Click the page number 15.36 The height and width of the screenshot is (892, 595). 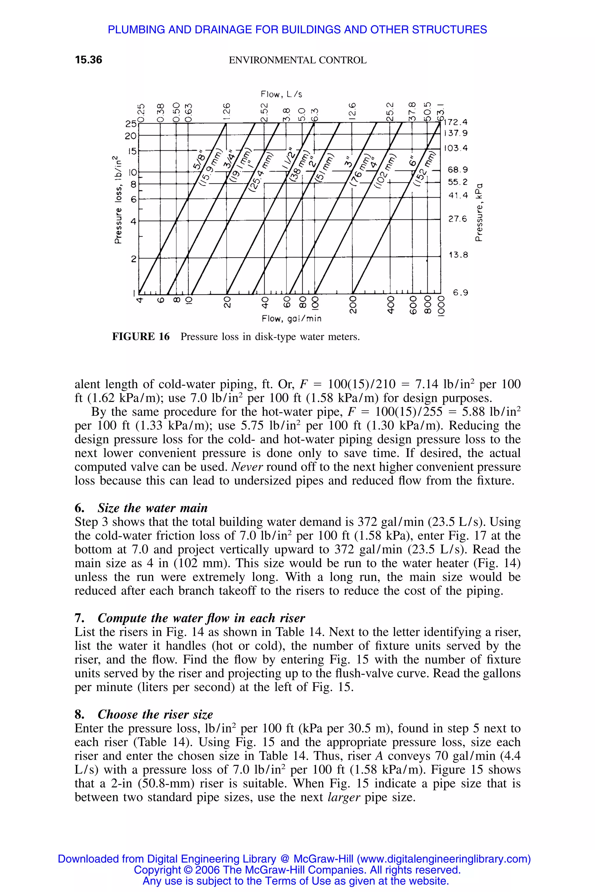point(88,60)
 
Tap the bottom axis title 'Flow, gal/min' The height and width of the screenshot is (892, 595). point(291,319)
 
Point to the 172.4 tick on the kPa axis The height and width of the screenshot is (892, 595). point(456,123)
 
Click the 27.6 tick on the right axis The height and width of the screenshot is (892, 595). point(458,219)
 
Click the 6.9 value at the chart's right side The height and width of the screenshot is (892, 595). point(460,292)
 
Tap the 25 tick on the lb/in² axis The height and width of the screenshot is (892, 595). point(130,124)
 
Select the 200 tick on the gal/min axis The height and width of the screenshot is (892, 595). point(353,305)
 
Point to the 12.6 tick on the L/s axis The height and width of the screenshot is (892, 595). point(352,110)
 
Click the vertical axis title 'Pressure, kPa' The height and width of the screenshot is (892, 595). point(480,212)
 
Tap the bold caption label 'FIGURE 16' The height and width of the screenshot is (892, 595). point(141,337)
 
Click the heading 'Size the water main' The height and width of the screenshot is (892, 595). point(153,508)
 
